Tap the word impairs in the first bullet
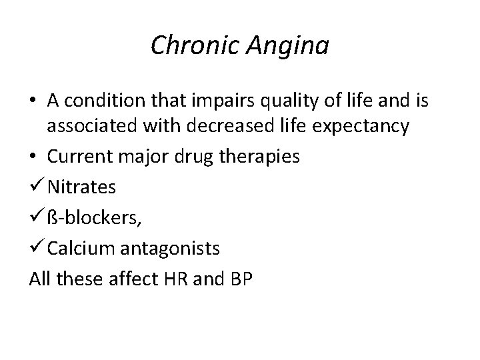218,101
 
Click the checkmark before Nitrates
37,187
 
